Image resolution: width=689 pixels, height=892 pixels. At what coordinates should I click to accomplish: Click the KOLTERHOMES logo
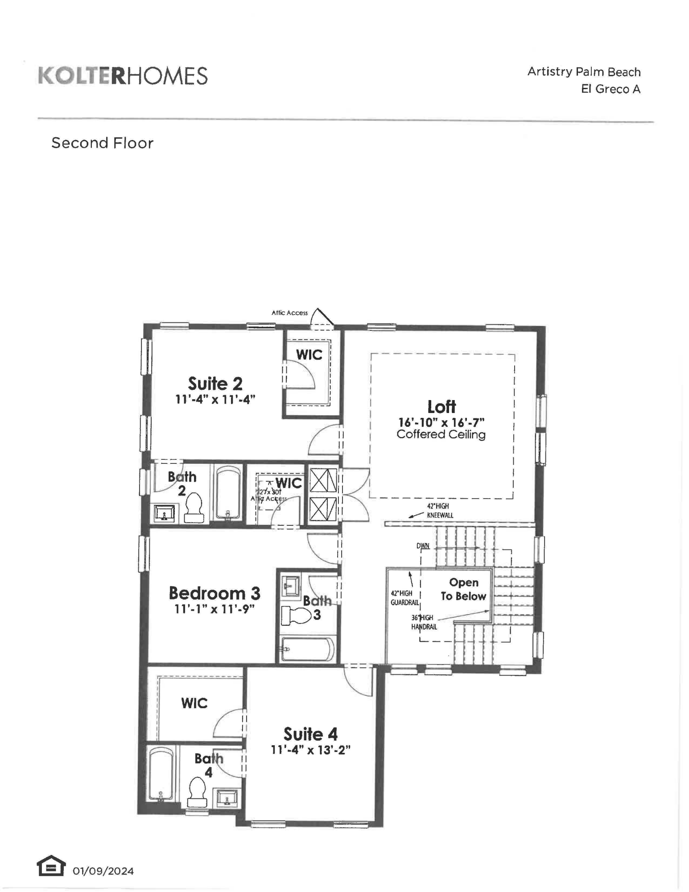[123, 76]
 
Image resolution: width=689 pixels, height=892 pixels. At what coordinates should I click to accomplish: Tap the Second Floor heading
[102, 143]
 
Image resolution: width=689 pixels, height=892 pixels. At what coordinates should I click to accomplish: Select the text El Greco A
[610, 89]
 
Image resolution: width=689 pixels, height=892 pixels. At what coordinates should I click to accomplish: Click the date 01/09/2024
[103, 871]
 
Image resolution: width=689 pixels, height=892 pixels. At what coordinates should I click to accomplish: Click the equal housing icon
[50, 866]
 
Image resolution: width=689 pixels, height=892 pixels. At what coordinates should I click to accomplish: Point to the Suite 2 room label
[215, 384]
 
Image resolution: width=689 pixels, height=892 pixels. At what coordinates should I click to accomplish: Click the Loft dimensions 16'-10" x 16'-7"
[441, 422]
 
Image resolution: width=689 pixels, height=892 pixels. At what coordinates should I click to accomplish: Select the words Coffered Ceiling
[441, 434]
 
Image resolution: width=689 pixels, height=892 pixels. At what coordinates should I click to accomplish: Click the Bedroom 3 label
[214, 593]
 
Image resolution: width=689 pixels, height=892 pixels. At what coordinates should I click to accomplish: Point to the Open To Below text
[463, 589]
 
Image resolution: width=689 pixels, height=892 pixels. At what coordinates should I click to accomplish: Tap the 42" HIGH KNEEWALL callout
[439, 511]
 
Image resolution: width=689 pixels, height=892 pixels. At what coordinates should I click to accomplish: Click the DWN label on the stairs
[423, 546]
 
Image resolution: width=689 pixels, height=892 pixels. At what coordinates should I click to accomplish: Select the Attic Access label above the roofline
[289, 313]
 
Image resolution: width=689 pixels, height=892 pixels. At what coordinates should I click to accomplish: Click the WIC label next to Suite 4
[194, 703]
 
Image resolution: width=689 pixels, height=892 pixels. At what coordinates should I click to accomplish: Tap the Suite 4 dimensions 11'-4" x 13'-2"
[310, 750]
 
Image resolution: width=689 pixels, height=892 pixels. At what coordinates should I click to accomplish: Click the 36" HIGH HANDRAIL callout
[423, 622]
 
